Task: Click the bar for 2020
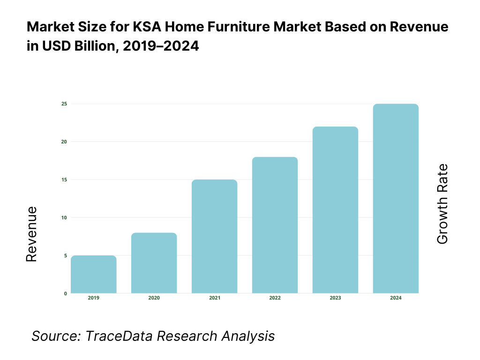pyautogui.click(x=154, y=263)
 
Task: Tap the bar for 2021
pyautogui.click(x=215, y=236)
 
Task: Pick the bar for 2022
pyautogui.click(x=275, y=225)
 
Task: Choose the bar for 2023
pyautogui.click(x=335, y=210)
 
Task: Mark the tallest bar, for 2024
pyautogui.click(x=396, y=198)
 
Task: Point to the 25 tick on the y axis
pyautogui.click(x=64, y=104)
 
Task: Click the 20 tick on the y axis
pyautogui.click(x=64, y=142)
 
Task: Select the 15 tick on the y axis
pyautogui.click(x=64, y=180)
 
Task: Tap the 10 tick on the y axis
pyautogui.click(x=64, y=217)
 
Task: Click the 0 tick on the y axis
pyautogui.click(x=65, y=293)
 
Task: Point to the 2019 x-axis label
pyautogui.click(x=94, y=298)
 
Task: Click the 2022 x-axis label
pyautogui.click(x=275, y=298)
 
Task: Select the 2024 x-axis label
pyautogui.click(x=396, y=298)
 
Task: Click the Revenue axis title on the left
pyautogui.click(x=31, y=234)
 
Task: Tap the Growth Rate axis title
pyautogui.click(x=442, y=204)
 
